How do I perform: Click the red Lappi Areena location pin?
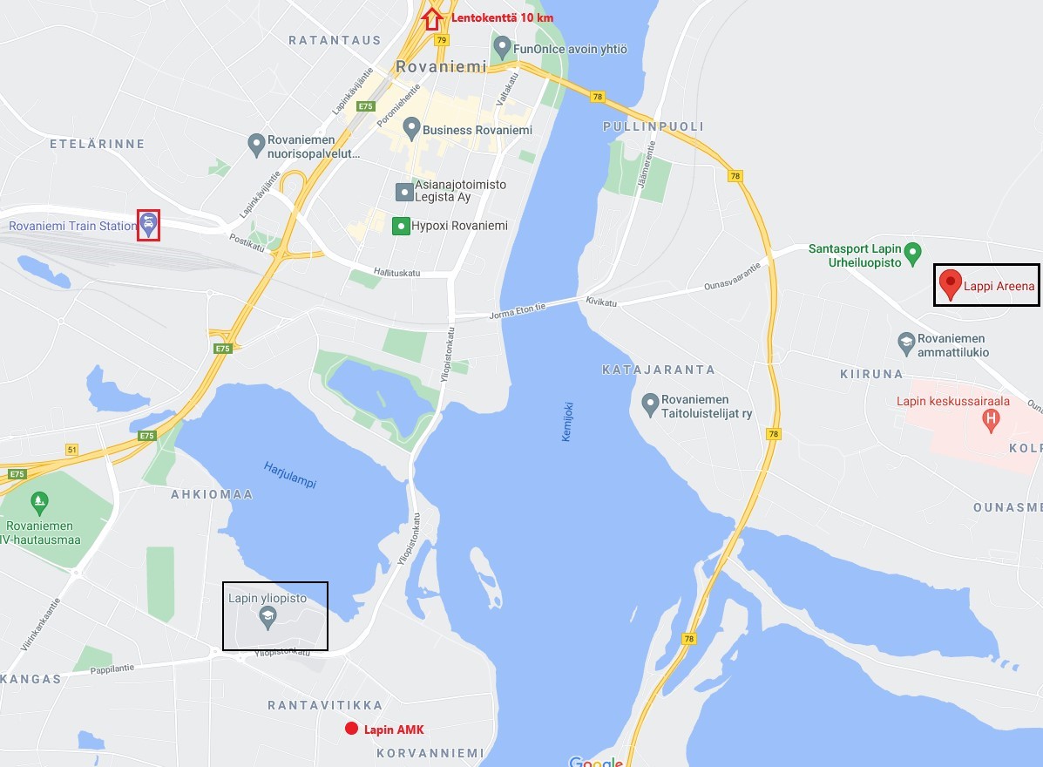tap(950, 283)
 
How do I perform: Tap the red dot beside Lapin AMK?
tap(351, 729)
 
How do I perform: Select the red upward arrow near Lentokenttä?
tap(430, 18)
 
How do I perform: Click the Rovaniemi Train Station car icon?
tap(149, 226)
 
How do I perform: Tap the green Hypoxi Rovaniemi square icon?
tap(401, 227)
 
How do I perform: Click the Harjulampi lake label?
tap(290, 475)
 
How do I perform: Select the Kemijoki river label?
tap(567, 420)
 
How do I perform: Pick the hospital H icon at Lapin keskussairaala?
tap(990, 420)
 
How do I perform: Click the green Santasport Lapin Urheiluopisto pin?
tap(913, 253)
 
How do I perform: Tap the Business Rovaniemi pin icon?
tap(411, 130)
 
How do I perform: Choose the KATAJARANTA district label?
tap(658, 370)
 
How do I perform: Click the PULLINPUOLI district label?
tap(653, 126)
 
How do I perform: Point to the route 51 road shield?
tap(71, 450)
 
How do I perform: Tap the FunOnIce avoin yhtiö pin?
tap(502, 46)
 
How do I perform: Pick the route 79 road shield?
tap(443, 40)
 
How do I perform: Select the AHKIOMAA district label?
tap(212, 494)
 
